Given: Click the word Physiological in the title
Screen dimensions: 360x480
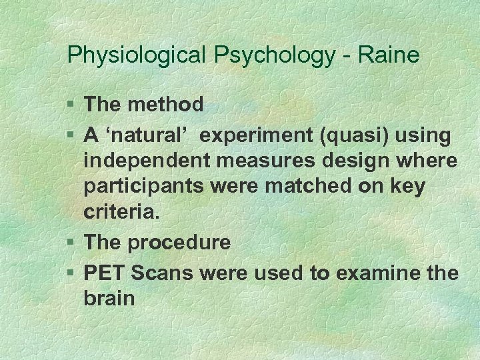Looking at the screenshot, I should [x=138, y=55].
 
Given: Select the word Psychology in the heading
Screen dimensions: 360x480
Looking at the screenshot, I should [x=275, y=55].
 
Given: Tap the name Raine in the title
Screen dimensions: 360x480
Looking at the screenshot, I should [x=389, y=55].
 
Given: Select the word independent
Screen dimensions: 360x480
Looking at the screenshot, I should [x=147, y=161].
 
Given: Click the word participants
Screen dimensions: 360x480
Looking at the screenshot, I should [x=146, y=187].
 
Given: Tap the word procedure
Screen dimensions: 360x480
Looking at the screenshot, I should [x=179, y=242].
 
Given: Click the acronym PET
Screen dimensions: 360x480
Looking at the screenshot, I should [x=105, y=273].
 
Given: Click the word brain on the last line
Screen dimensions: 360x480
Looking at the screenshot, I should [x=109, y=298].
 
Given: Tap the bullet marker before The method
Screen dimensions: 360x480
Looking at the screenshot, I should [x=71, y=105].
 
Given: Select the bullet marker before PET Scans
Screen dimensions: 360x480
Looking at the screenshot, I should [x=71, y=273].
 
